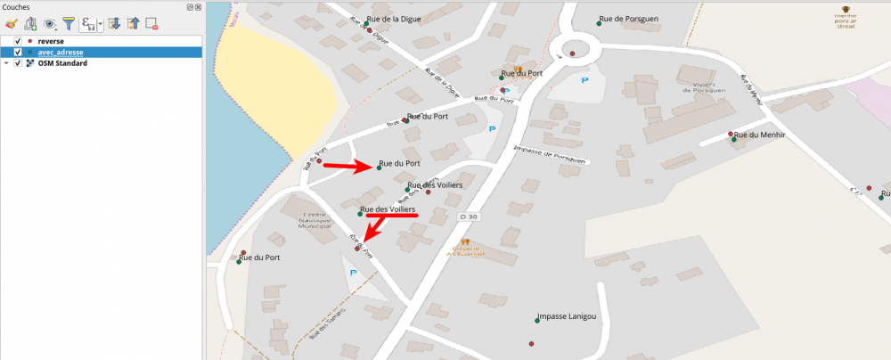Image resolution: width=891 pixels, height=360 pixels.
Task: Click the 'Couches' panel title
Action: point(16,7)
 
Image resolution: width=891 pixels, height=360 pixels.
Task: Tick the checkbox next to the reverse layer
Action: point(18,41)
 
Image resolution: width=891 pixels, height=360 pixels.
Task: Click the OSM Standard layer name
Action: point(62,63)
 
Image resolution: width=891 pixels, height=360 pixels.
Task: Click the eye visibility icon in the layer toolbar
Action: point(50,24)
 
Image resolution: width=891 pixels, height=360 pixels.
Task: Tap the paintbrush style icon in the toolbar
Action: point(11,24)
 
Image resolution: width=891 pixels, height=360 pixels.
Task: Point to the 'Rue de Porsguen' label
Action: point(629,18)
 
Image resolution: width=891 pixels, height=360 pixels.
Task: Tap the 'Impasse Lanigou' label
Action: point(567,316)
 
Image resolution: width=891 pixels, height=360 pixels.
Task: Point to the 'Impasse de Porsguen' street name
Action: point(552,154)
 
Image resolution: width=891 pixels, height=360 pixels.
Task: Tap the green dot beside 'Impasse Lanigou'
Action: point(536,320)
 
